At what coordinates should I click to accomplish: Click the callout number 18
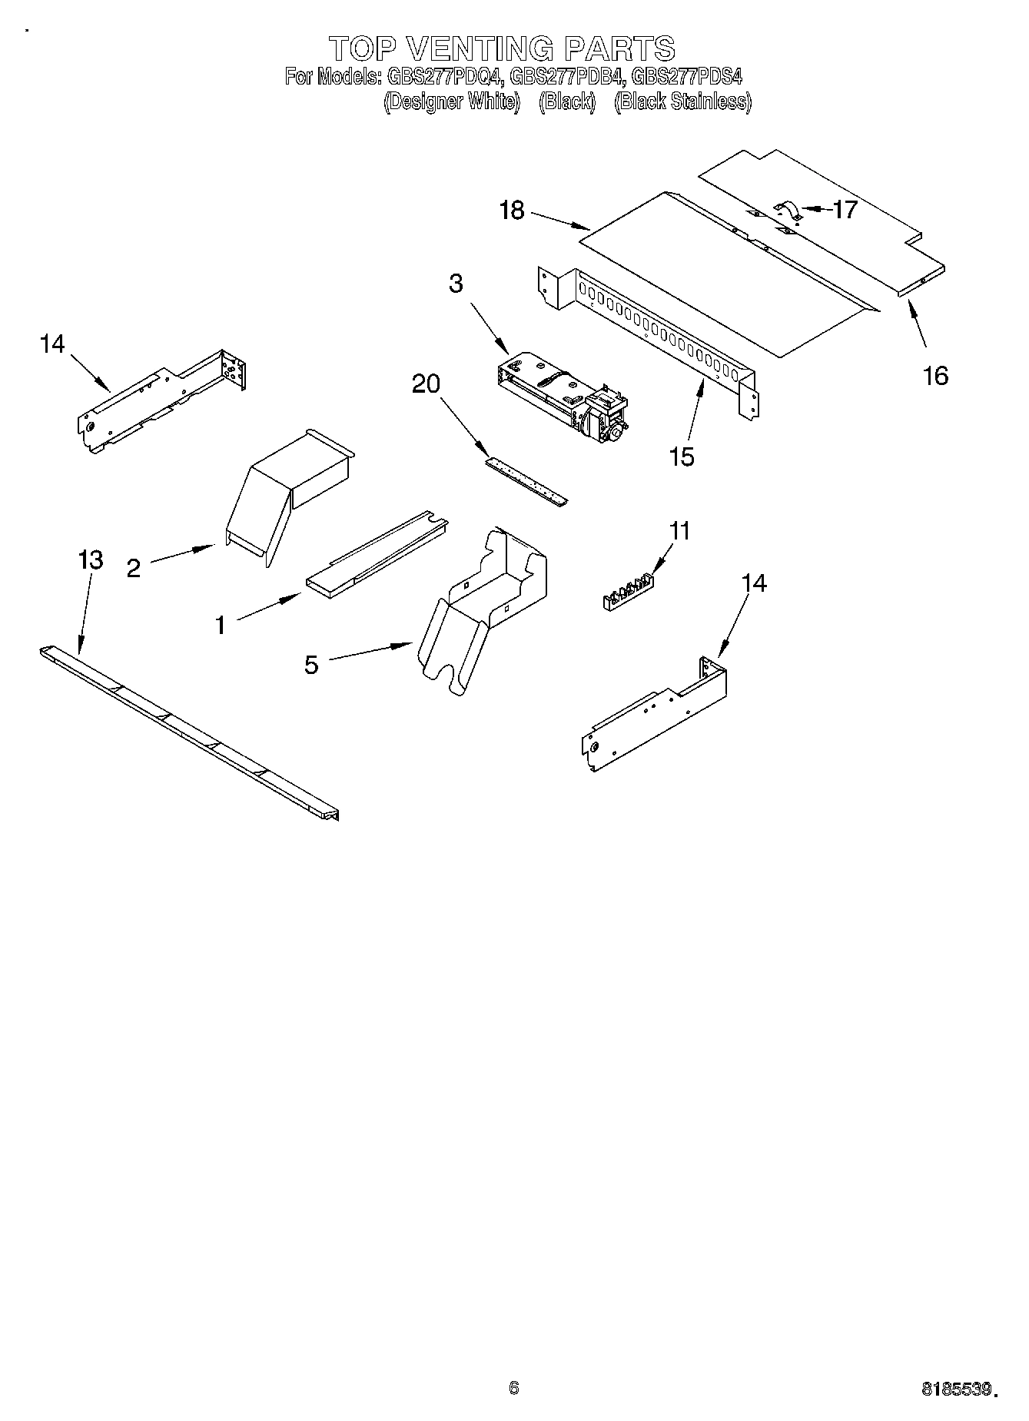tap(512, 210)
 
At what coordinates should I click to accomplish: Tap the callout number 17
tap(845, 209)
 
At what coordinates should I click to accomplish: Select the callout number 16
tap(935, 376)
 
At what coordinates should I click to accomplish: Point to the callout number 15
tap(682, 457)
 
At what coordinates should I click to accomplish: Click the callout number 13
tap(91, 559)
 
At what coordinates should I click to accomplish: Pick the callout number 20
tap(427, 383)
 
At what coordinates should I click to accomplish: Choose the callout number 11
tap(679, 531)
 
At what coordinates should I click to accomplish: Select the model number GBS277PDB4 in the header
tap(568, 76)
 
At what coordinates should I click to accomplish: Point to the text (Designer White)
tap(452, 101)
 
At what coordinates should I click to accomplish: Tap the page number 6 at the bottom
tap(514, 1387)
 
